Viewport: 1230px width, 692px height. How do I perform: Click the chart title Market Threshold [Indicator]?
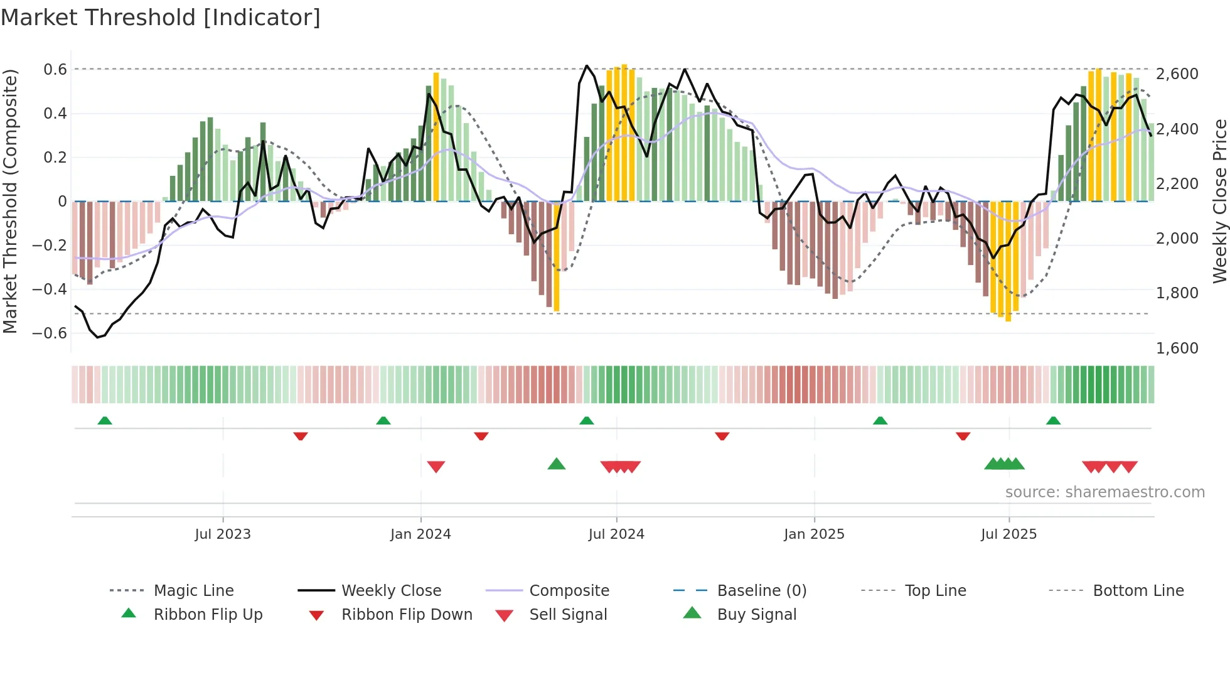161,18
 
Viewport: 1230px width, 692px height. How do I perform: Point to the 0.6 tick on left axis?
55,70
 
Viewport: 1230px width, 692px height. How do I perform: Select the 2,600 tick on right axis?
1177,74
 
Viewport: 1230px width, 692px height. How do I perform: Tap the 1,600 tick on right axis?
1177,349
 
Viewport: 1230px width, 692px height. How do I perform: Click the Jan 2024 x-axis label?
420,534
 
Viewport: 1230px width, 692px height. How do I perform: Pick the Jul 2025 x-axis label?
1008,534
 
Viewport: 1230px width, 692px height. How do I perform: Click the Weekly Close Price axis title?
1219,201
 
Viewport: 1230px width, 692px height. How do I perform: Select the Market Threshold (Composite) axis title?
10,201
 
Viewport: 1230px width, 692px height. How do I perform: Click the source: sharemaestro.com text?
1104,492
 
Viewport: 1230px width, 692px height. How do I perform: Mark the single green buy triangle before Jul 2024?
557,465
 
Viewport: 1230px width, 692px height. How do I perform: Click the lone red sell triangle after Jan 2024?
436,467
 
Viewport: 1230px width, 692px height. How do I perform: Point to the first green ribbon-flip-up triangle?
105,421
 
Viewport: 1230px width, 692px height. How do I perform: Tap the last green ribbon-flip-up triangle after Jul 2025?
1053,421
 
